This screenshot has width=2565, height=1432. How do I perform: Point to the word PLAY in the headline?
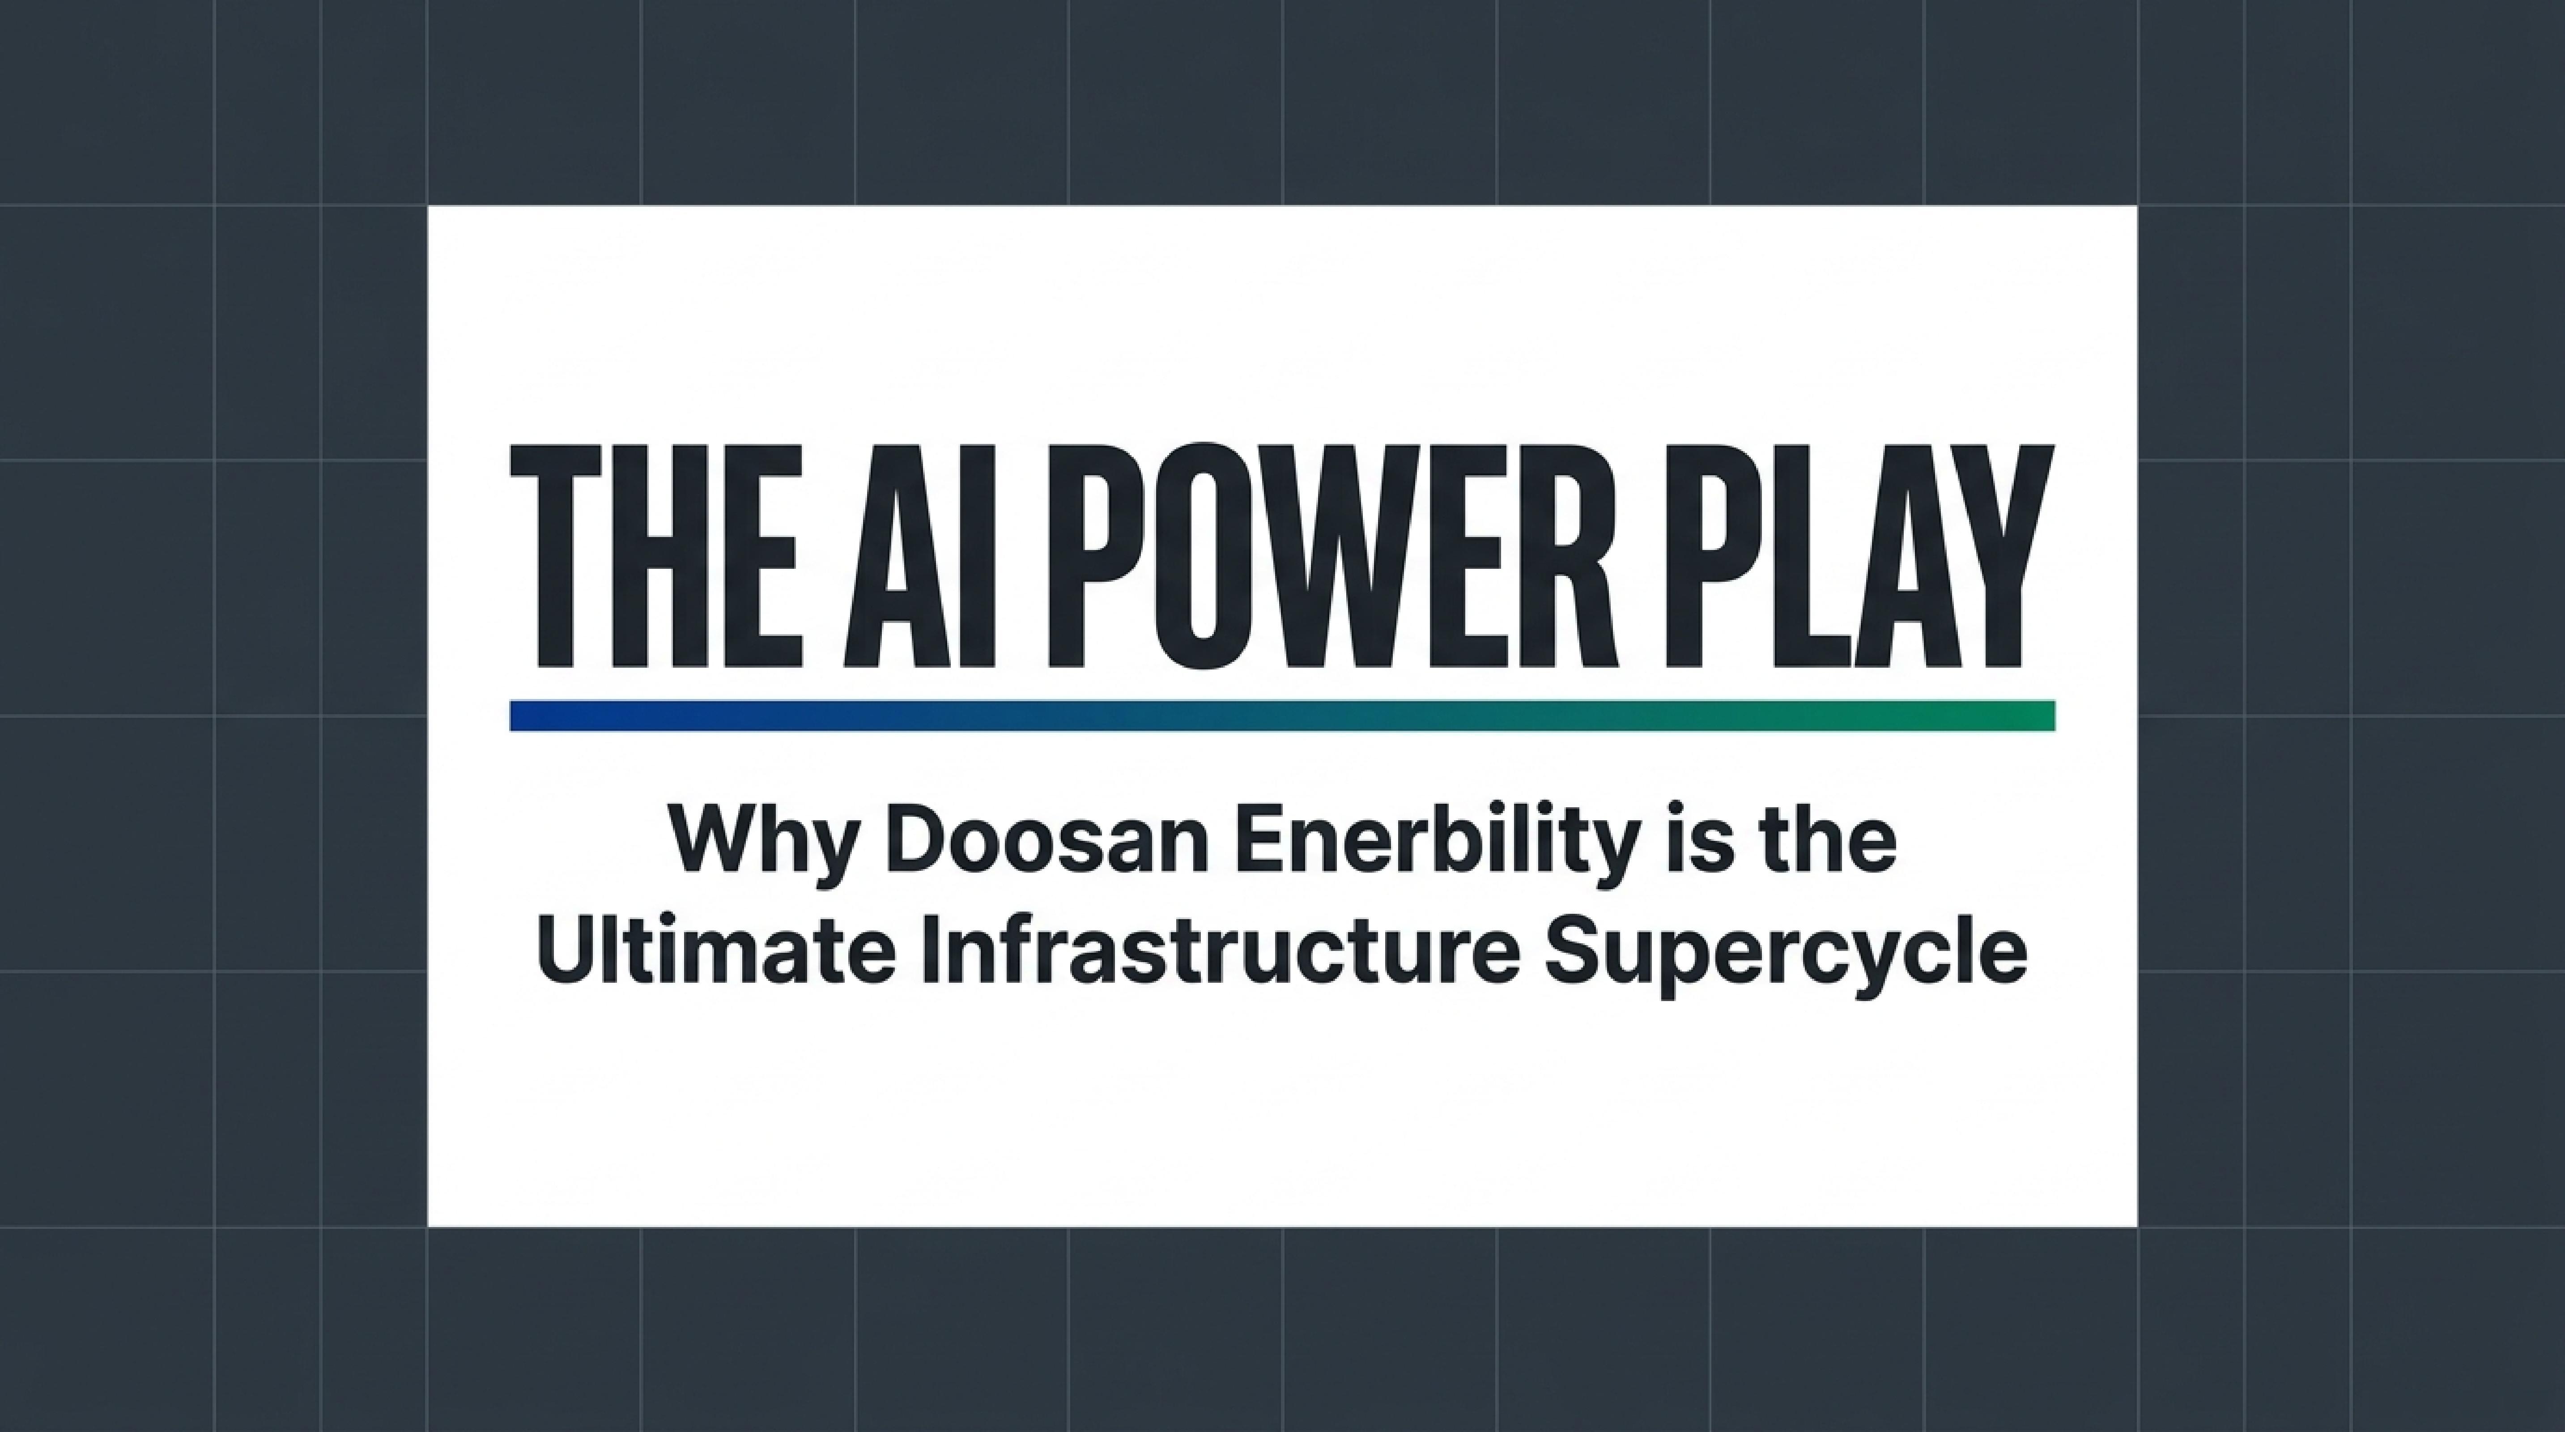coord(1854,556)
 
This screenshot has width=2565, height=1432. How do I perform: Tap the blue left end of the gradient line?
coord(514,715)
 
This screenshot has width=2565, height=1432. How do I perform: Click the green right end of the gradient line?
coord(2051,715)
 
